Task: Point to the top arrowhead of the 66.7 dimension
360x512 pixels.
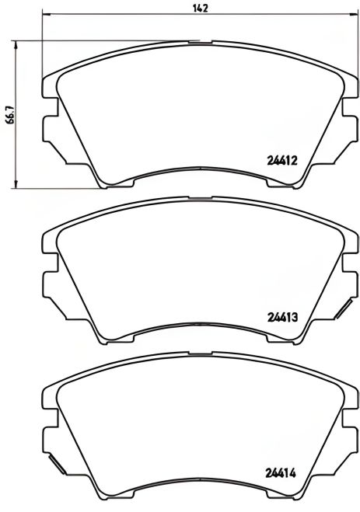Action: click(x=17, y=44)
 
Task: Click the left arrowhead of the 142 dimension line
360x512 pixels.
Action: click(x=44, y=16)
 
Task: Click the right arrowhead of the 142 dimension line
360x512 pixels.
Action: click(x=352, y=16)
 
